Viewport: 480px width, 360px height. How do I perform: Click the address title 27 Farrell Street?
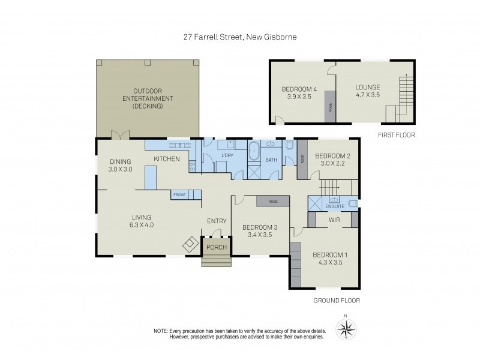tap(240, 37)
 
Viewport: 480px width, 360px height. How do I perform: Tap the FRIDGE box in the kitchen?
tap(179, 195)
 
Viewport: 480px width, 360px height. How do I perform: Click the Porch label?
tap(217, 247)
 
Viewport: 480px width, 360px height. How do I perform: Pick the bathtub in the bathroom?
tap(253, 150)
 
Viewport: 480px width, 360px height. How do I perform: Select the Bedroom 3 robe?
tap(273, 202)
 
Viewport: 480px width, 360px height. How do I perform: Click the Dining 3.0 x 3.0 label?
tap(120, 165)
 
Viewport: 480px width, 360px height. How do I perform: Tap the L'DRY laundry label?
tap(227, 156)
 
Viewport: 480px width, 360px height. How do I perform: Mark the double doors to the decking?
tap(122, 135)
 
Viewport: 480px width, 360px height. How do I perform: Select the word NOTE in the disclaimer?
tap(160, 331)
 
